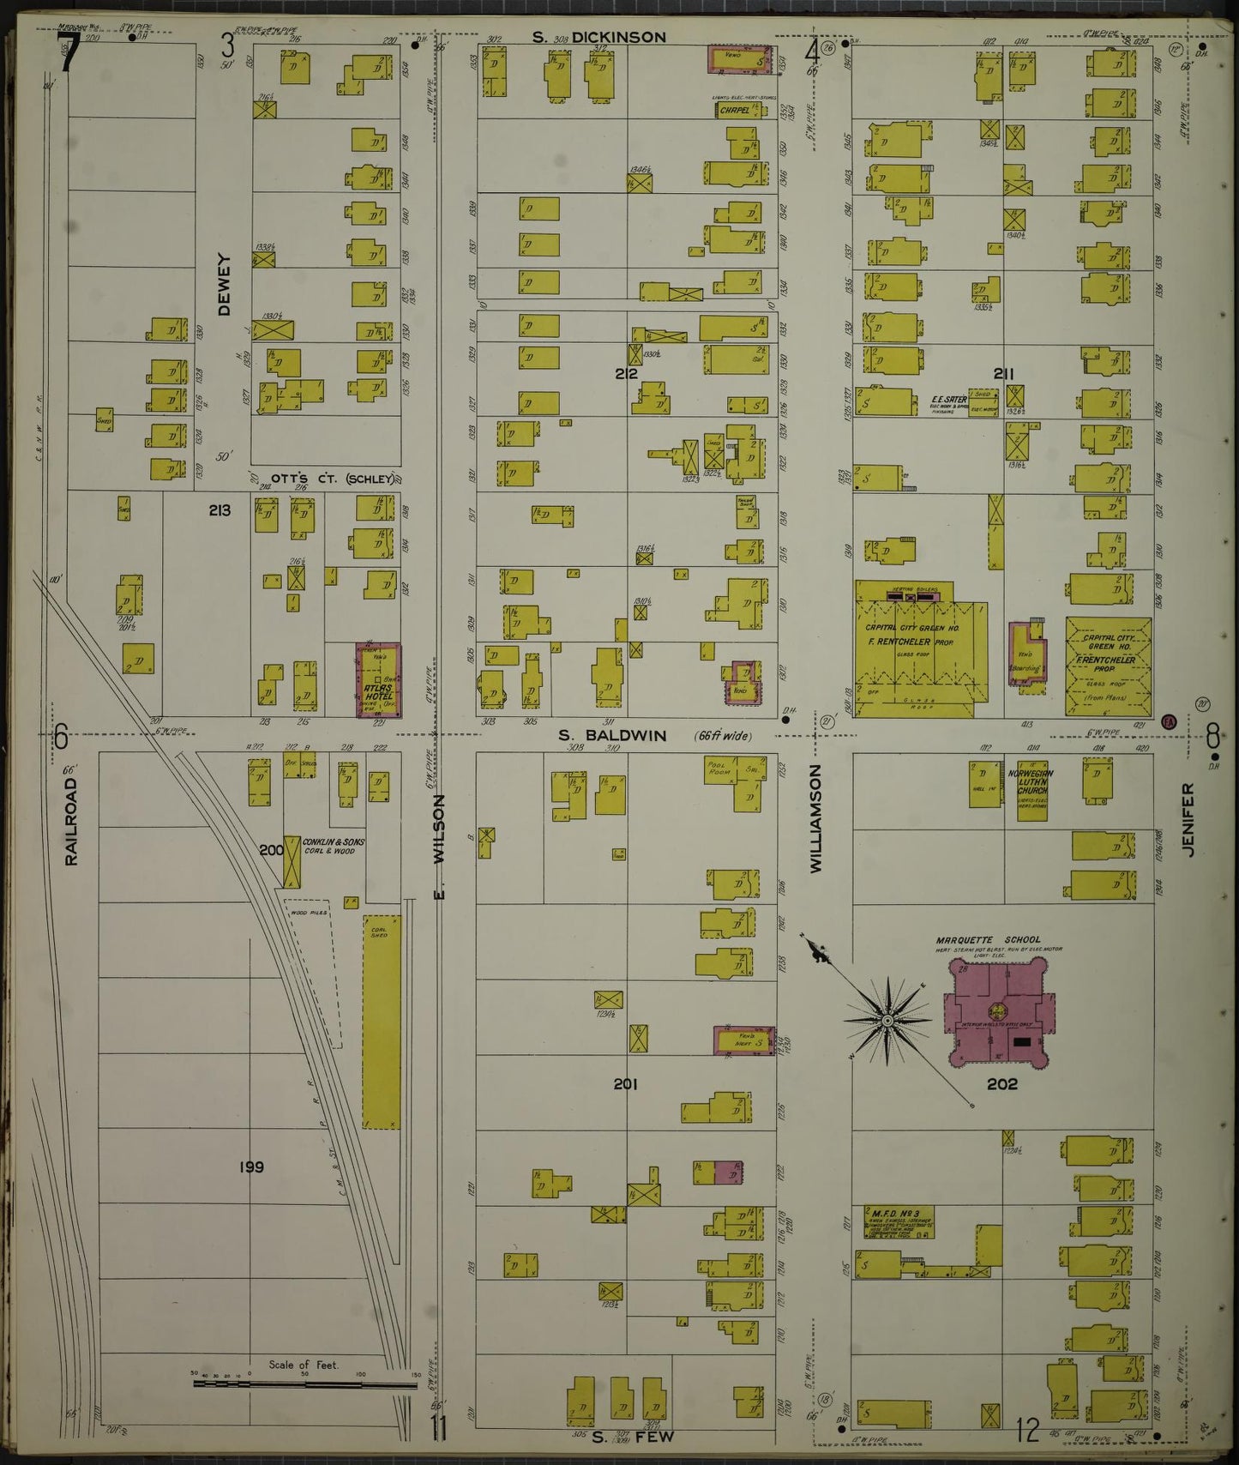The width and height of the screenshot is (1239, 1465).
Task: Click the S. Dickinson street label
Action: (598, 37)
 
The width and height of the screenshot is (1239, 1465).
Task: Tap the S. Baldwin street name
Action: (612, 735)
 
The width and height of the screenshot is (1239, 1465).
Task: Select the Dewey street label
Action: (225, 284)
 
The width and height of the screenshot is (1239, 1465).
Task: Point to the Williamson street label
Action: (815, 819)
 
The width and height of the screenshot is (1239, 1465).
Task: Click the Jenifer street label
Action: (1188, 819)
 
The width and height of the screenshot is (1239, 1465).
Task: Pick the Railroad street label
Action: (71, 821)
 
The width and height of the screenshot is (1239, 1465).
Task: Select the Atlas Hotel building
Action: (378, 680)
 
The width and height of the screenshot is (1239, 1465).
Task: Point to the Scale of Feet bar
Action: (304, 1382)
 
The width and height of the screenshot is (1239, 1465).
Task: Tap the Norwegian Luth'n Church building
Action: (1031, 790)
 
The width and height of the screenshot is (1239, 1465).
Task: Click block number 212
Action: (625, 373)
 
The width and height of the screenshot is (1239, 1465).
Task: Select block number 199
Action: (251, 1167)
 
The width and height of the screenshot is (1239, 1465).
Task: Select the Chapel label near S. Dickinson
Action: (735, 110)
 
